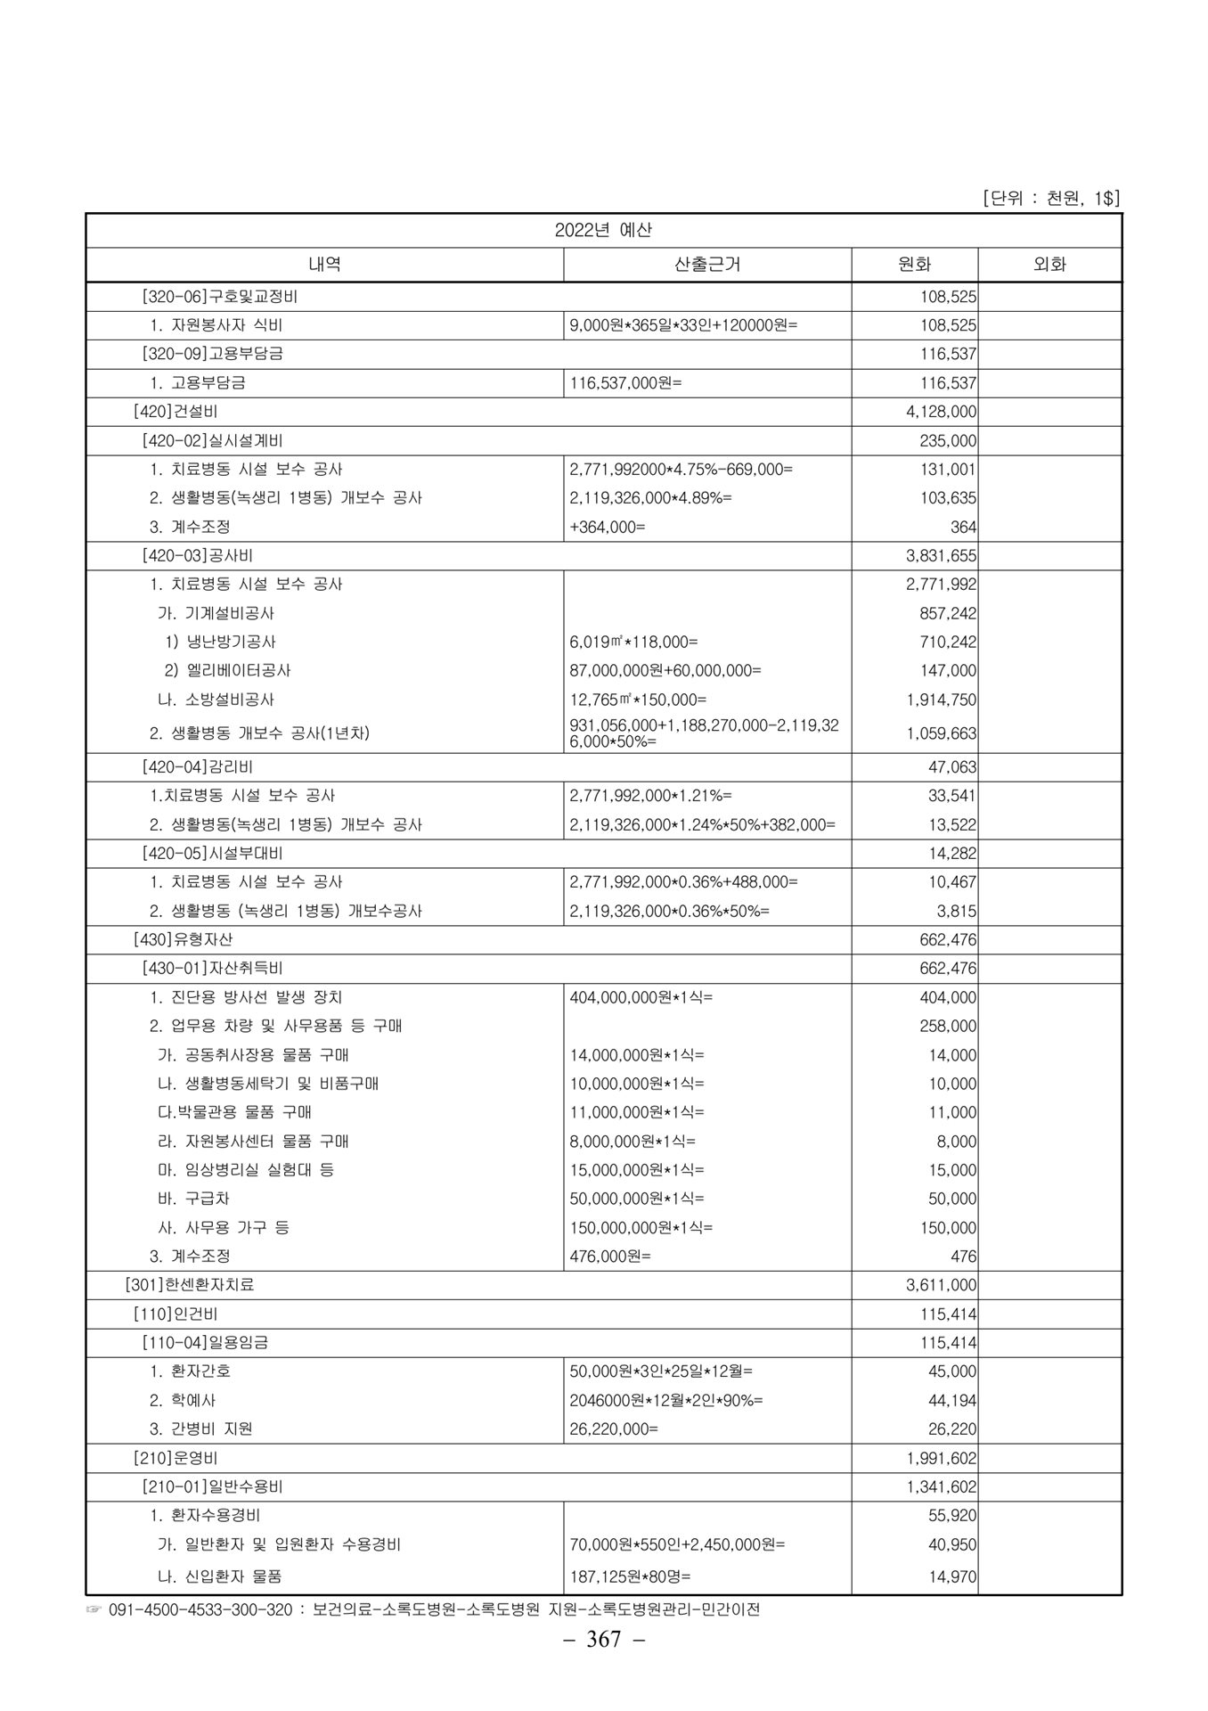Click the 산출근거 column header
click(707, 265)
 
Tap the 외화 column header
click(1049, 265)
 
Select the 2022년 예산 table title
click(603, 230)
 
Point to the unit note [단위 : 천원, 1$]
click(1050, 198)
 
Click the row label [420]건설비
click(175, 412)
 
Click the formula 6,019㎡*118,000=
click(633, 642)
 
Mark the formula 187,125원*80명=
click(630, 1576)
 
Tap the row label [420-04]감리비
click(198, 767)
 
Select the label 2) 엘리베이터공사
click(227, 670)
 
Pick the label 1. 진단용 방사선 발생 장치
click(246, 997)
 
